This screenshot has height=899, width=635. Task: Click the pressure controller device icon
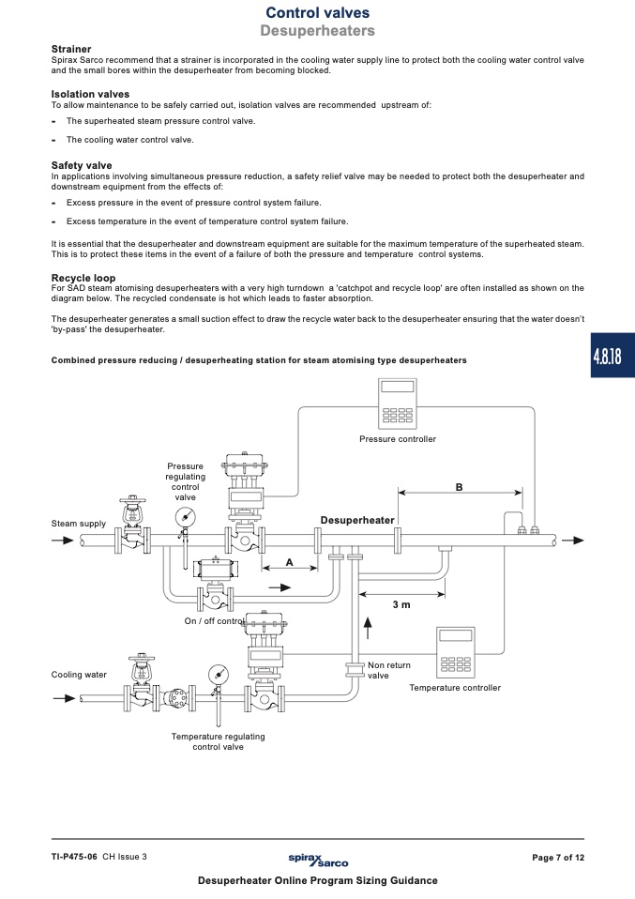[397, 404]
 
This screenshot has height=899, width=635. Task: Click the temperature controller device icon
[456, 652]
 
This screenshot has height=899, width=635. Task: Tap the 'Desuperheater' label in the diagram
[357, 520]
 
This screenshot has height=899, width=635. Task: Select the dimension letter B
[459, 487]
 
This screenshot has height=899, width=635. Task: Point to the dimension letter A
[290, 562]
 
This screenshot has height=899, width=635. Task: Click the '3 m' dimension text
[401, 604]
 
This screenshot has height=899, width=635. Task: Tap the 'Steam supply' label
[79, 524]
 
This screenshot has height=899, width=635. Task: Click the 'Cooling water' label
[79, 674]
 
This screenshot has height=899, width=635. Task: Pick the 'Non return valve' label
[389, 670]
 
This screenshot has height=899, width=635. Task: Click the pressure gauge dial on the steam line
[185, 517]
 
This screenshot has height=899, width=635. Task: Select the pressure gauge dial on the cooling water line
[218, 673]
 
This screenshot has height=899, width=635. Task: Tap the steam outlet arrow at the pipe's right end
[572, 541]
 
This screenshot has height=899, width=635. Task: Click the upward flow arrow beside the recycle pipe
[368, 628]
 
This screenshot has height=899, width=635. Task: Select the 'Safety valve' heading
[82, 166]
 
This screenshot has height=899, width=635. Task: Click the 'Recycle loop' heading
[83, 278]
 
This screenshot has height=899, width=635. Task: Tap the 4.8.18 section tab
[612, 356]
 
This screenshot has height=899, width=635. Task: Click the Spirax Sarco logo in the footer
[318, 860]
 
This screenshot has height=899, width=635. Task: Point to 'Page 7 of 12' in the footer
[558, 858]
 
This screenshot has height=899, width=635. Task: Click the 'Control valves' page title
[317, 12]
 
